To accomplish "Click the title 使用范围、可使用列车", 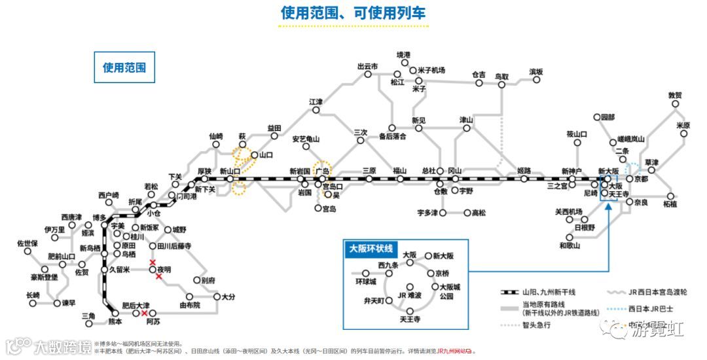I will pos(353,13).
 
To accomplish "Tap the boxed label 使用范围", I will pos(124,67).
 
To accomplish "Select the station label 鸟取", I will pos(502,77).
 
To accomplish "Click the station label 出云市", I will pos(367,66).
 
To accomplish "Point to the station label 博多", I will pos(100,217).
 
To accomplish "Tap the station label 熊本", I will pos(115,322).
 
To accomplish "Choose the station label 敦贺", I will pos(675,96).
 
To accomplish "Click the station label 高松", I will pos(480,213).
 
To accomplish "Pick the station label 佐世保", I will pos(27,243).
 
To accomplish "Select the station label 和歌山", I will pos(569,246).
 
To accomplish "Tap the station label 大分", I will pos(228,297).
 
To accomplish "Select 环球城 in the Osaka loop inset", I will pos(366,281).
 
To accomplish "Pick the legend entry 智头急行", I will pos(537,325).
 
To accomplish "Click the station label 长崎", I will pos(33,295).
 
